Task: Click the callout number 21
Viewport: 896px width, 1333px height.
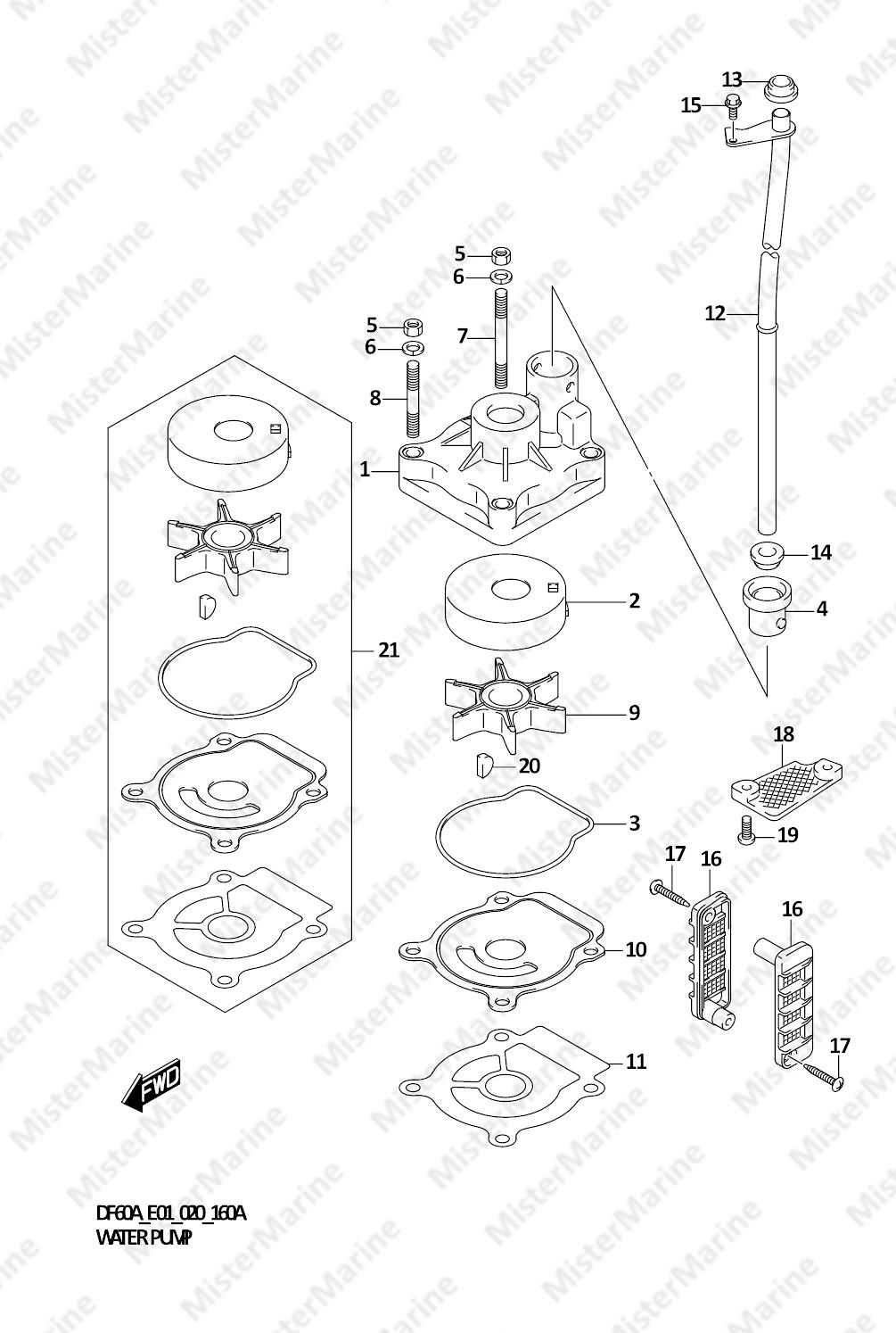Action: (x=389, y=650)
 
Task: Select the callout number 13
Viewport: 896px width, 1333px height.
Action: (x=732, y=79)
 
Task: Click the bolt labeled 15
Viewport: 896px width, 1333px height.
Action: (x=731, y=105)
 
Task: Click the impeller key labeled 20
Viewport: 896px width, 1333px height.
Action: (x=484, y=766)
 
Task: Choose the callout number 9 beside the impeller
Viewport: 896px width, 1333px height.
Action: (x=635, y=712)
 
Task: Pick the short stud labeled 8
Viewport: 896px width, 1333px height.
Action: (x=413, y=399)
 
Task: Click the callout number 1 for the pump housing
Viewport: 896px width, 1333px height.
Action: (x=365, y=470)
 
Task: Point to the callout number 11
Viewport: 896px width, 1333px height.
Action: (x=636, y=1061)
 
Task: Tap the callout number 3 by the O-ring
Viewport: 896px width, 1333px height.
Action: (x=635, y=823)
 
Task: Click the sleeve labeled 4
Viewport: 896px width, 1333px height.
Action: (x=767, y=610)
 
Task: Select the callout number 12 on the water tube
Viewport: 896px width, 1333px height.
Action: (x=715, y=313)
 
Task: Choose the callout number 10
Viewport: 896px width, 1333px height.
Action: (x=636, y=949)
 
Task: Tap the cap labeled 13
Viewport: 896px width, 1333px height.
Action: (x=780, y=88)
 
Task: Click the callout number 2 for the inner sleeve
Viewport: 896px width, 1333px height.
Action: (x=635, y=601)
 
